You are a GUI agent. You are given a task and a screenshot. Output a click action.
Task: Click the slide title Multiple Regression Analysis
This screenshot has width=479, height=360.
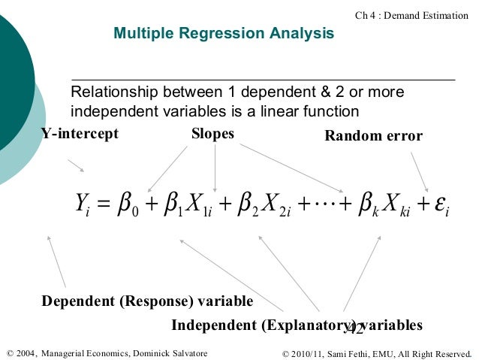tap(223, 34)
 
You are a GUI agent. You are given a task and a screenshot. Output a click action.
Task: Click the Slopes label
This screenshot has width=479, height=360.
tap(212, 134)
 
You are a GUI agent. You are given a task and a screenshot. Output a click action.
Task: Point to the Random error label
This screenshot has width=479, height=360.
tap(373, 136)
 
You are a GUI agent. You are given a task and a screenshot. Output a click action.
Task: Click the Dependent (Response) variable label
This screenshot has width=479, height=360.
tap(147, 301)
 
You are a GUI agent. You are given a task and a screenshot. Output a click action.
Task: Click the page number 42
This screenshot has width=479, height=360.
tap(354, 328)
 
